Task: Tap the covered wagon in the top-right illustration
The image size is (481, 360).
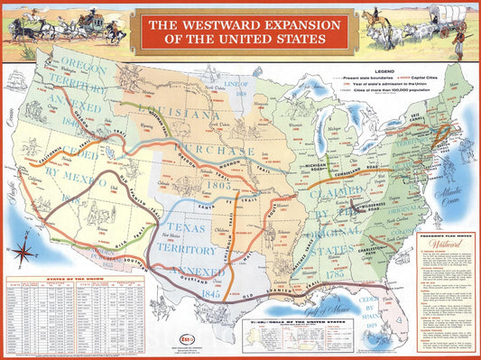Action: (449, 15)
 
